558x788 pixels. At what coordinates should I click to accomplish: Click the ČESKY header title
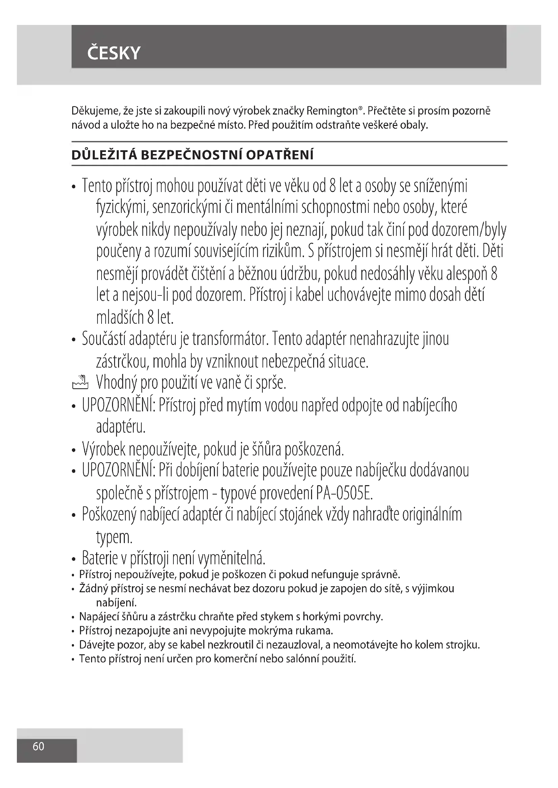pos(114,53)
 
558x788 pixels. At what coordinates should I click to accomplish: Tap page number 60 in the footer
pos(38,746)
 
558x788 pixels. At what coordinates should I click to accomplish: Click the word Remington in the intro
pos(332,111)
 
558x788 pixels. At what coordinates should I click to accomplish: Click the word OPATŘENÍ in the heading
pos(280,155)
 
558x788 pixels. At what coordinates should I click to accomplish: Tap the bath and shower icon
pos(80,382)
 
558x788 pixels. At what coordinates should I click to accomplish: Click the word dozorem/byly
pos(469,230)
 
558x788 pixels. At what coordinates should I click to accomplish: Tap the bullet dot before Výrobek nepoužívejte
pos(74,450)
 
